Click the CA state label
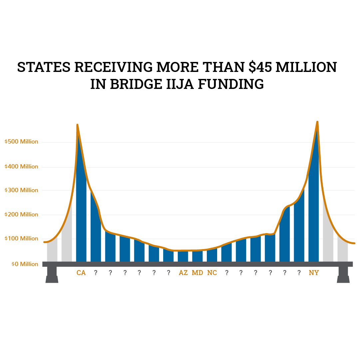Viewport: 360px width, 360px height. coord(81,273)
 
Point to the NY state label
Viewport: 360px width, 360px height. coord(314,273)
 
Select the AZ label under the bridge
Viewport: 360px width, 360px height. coord(183,273)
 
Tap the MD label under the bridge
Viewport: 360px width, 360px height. coord(197,273)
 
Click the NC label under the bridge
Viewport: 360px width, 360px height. coord(212,273)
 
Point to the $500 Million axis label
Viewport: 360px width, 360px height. coord(21,142)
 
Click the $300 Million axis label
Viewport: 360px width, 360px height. coord(21,190)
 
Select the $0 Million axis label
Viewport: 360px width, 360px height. coord(25,264)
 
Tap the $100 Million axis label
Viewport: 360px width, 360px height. coord(21,238)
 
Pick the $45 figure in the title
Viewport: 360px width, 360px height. coord(263,67)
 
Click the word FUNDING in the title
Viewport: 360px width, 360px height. coord(231,84)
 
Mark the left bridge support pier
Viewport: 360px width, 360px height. coord(52,275)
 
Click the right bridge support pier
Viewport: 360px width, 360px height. coord(343,275)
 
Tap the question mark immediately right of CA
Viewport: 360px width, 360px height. coord(96,273)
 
